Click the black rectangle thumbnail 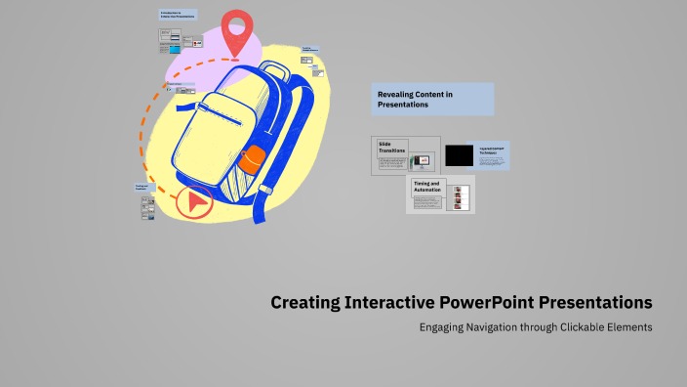pyautogui.click(x=459, y=154)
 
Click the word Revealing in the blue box pyautogui.click(x=398, y=94)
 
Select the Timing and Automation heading pyautogui.click(x=426, y=185)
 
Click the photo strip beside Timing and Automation pyautogui.click(x=459, y=197)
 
